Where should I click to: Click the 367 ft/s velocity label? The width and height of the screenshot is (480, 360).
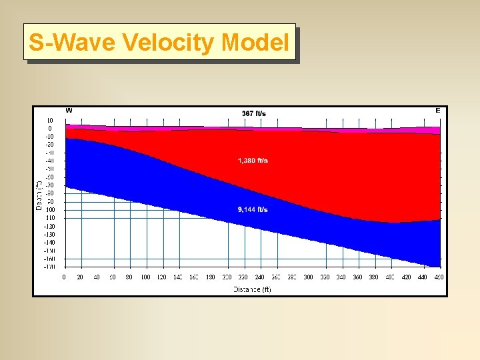tap(253, 113)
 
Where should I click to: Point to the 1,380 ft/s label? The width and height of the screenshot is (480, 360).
tap(253, 161)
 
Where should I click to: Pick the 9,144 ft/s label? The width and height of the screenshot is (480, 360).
tap(253, 209)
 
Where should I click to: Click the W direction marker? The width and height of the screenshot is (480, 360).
tap(69, 110)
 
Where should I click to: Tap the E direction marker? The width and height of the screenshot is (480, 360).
tap(437, 110)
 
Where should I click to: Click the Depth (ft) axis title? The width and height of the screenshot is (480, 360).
tap(39, 193)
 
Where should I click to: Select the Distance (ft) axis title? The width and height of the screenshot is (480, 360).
tap(252, 289)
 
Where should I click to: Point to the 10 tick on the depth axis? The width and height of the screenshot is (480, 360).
tap(50, 121)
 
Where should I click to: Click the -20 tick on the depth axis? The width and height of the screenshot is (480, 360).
tap(49, 145)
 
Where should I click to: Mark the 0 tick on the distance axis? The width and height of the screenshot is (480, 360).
tap(64, 277)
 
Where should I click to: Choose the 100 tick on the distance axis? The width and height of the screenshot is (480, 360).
tap(145, 277)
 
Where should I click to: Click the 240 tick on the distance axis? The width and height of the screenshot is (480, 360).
tap(259, 277)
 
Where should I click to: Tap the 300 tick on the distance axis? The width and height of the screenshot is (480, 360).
tap(309, 277)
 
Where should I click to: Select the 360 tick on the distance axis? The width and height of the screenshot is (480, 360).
tap(357, 277)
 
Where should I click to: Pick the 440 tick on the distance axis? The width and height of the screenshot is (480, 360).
tap(423, 277)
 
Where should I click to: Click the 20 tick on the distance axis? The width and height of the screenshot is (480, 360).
tap(81, 277)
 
